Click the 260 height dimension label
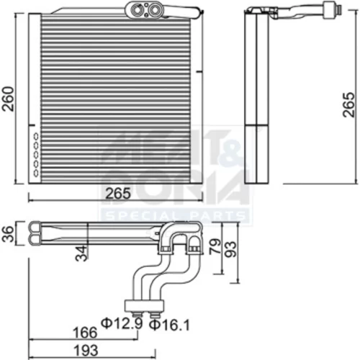[8, 99]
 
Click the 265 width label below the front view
[118, 194]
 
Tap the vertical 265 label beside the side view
[348, 104]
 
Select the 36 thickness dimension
[8, 234]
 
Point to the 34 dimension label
[81, 253]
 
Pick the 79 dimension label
[215, 246]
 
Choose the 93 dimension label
[231, 249]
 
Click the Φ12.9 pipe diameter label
[122, 323]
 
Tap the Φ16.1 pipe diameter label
[169, 325]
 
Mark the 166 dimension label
[85, 333]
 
